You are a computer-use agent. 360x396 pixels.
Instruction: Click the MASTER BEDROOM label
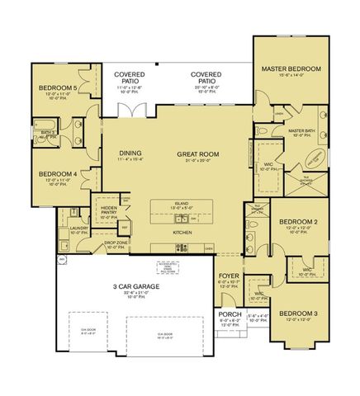tap(291, 68)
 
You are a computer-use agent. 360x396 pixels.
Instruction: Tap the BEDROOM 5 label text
tap(57, 88)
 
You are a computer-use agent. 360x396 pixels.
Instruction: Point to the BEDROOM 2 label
tap(296, 222)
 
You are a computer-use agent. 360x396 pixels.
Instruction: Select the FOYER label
tap(229, 277)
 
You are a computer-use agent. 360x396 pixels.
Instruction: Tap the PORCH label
tap(229, 315)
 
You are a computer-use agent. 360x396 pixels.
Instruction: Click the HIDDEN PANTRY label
tap(109, 211)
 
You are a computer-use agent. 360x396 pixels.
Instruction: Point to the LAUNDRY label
tap(79, 229)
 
